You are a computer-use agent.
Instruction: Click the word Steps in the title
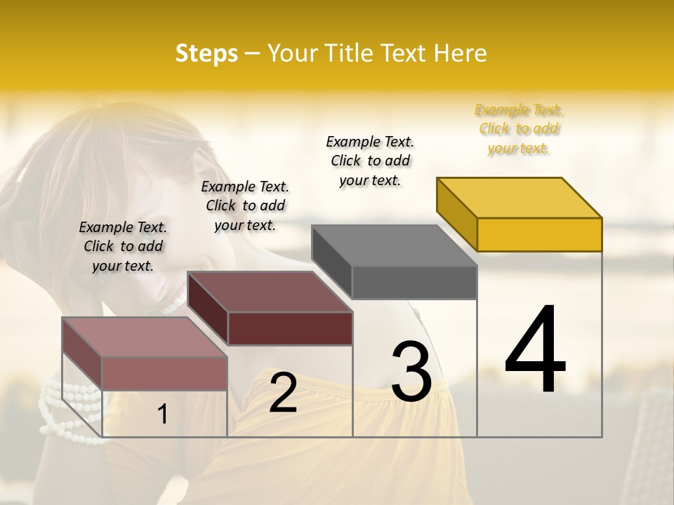(206, 53)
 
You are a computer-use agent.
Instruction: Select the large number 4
(535, 351)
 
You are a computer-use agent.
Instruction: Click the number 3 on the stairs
(411, 372)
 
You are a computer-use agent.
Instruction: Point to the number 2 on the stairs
(283, 393)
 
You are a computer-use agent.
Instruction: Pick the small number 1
(163, 415)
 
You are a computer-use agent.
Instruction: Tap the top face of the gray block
(395, 245)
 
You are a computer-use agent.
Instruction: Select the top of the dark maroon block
(270, 292)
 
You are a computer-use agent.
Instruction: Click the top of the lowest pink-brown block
(145, 337)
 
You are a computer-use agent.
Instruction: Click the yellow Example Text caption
(519, 129)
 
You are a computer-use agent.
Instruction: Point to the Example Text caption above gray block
(370, 161)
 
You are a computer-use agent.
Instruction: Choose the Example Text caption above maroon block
(245, 206)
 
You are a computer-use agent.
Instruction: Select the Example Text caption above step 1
(123, 246)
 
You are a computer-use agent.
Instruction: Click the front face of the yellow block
(539, 234)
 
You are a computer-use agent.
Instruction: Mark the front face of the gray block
(414, 282)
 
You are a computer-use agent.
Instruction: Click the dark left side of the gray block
(331, 262)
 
